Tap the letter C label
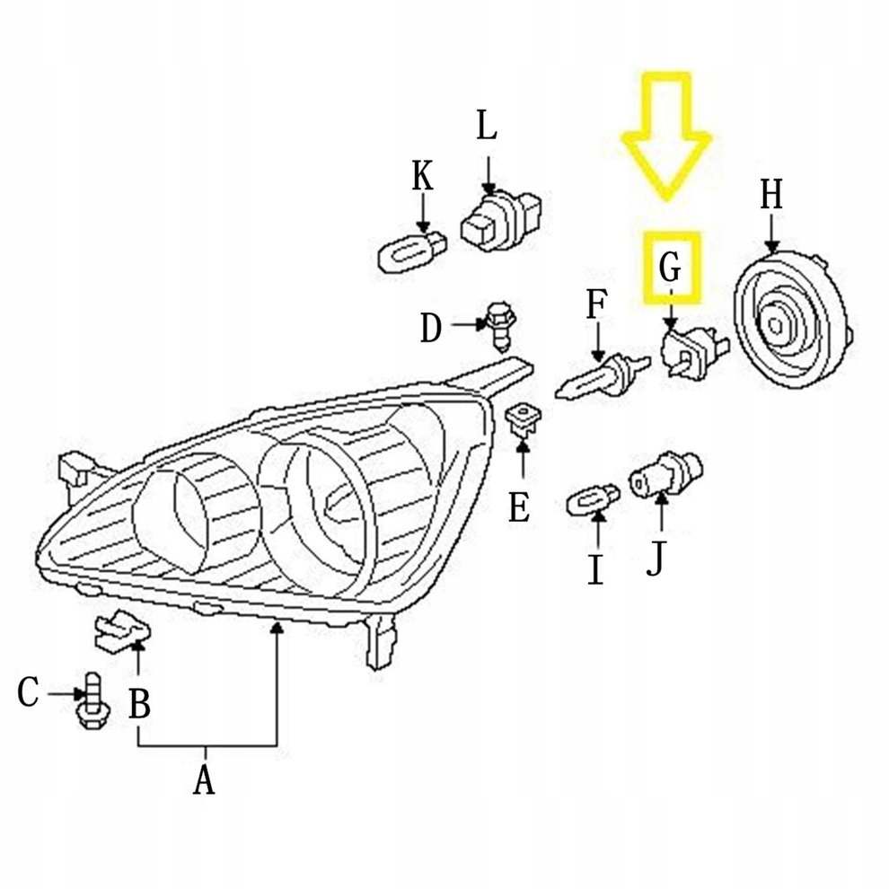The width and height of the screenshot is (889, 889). pos(30,693)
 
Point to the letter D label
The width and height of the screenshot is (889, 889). pos(432,330)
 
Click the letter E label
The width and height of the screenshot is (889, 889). pos(519,508)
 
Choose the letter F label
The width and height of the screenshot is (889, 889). pos(596,306)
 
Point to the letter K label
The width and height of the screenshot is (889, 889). pos(422,178)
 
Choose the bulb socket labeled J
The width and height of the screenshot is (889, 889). pos(665,471)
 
